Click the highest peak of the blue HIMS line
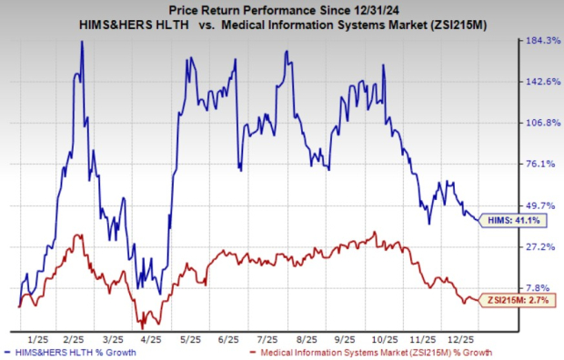pyautogui.click(x=82, y=42)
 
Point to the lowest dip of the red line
pyautogui.click(x=140, y=325)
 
